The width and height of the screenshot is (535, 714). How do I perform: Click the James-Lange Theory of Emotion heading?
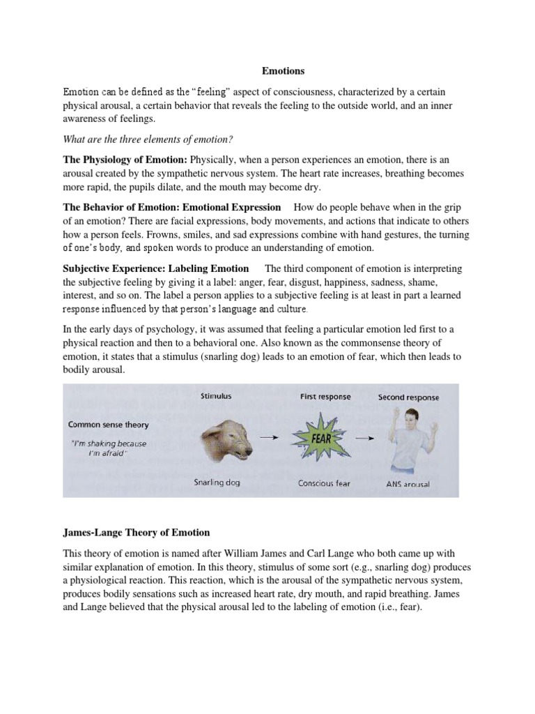tap(137, 533)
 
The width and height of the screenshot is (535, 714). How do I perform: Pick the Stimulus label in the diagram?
tap(216, 397)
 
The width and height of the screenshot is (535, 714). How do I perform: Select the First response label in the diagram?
tap(325, 397)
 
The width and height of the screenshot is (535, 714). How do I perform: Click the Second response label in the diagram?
tap(410, 397)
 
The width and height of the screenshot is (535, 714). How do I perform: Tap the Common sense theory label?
tap(108, 424)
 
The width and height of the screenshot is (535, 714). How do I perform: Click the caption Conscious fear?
tap(325, 483)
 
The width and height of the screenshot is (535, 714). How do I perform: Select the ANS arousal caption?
tap(407, 484)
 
